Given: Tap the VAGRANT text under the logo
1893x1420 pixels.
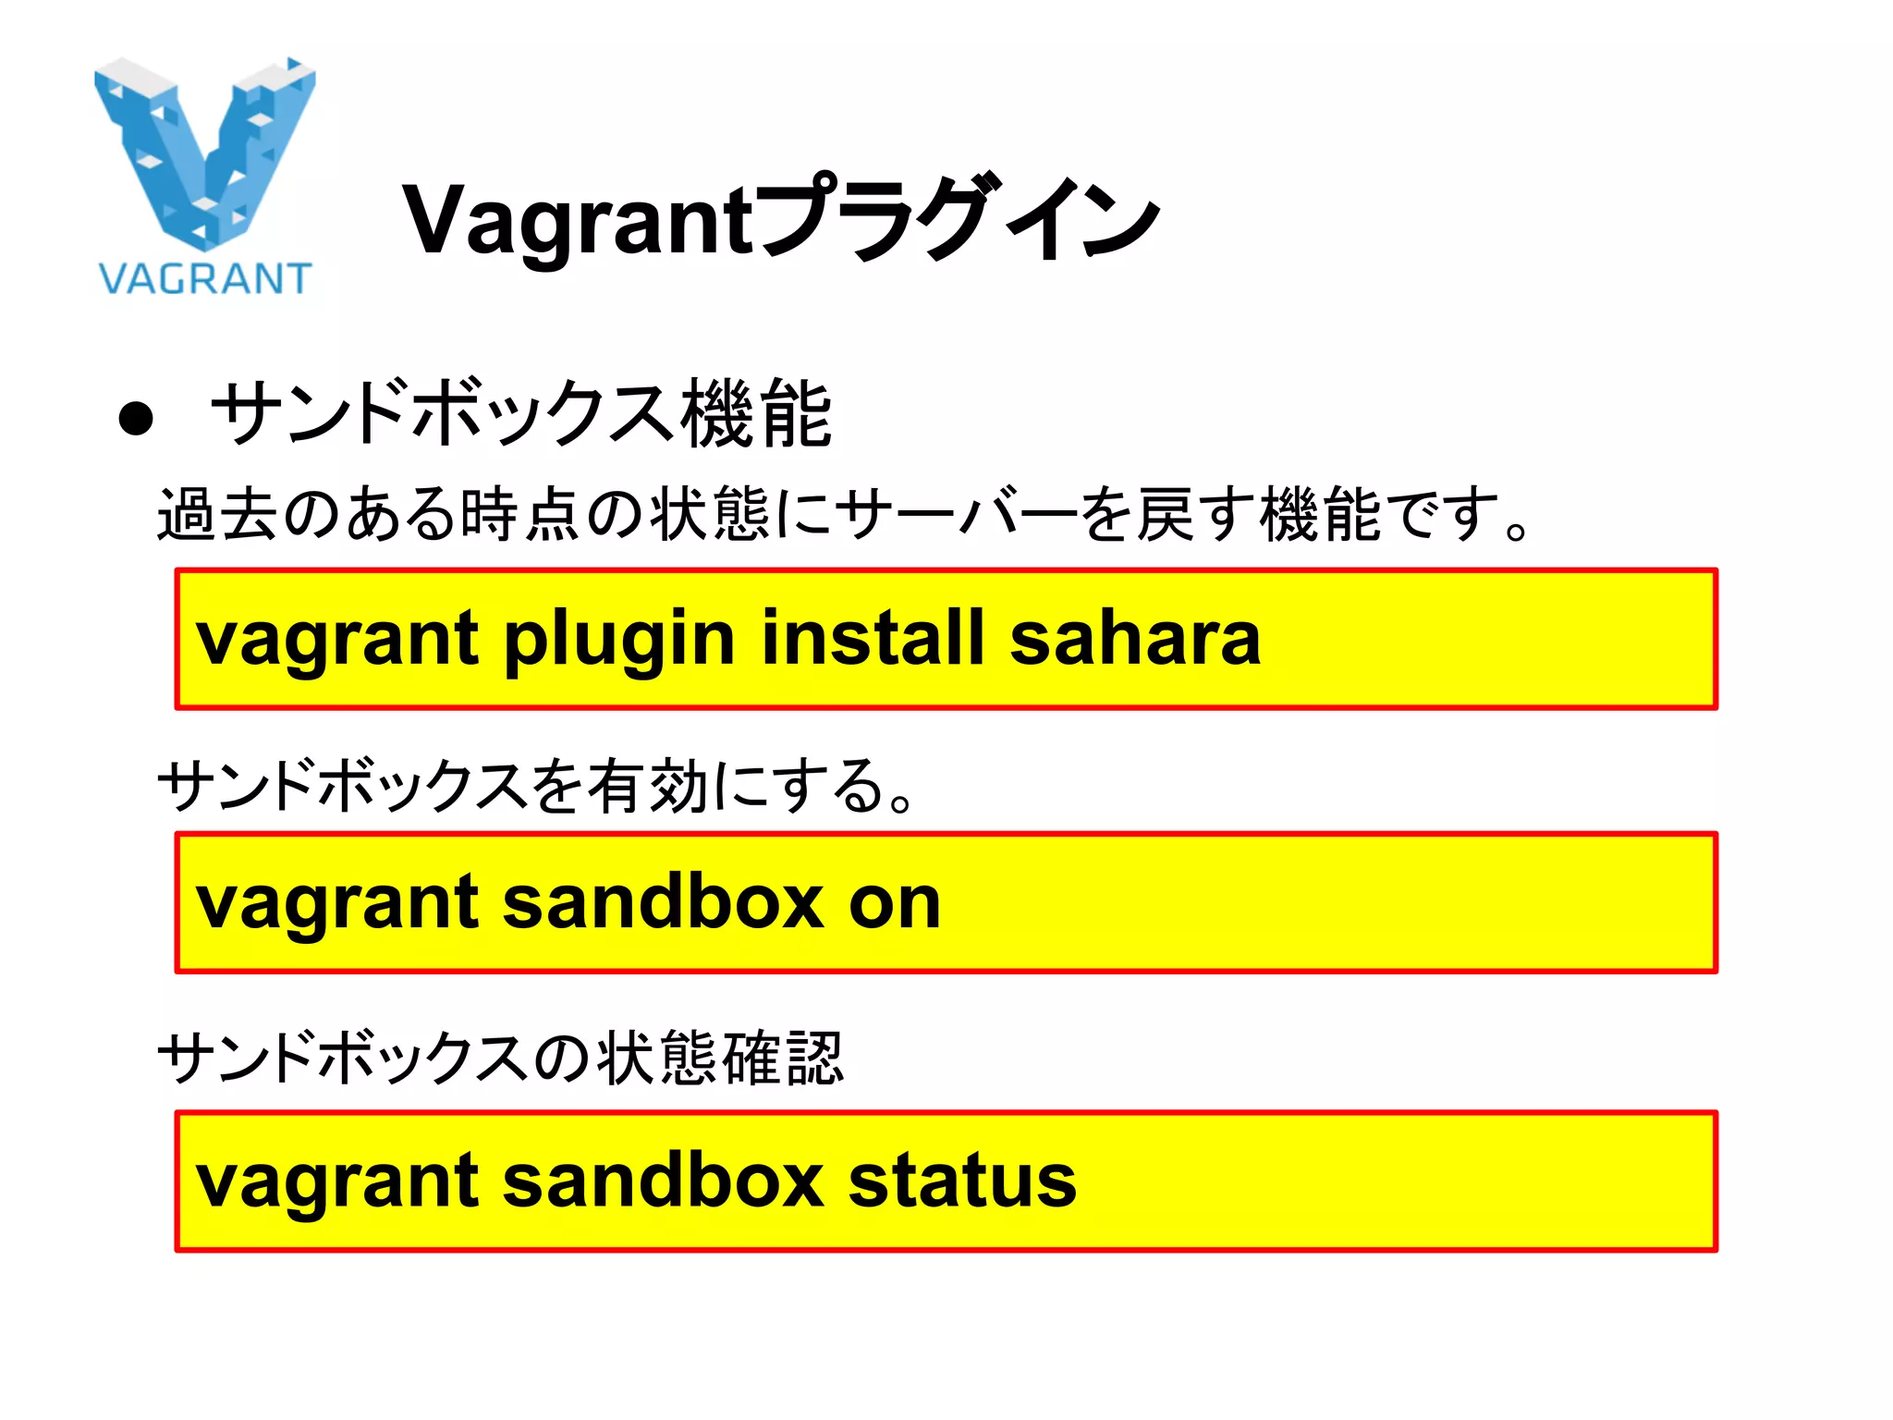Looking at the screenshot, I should pos(205,278).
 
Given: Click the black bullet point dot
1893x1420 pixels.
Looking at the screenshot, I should pos(136,419).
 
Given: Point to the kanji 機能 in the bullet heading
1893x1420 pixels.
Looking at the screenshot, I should pos(757,414).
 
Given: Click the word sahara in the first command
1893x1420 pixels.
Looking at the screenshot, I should pos(1134,638).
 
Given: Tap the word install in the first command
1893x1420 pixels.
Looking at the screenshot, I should pos(873,638).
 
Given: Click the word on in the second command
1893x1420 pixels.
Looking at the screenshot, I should pos(894,902).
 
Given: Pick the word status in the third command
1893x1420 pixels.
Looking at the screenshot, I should pos(962,1181).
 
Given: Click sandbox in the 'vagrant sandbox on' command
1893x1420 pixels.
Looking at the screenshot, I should pos(663,902).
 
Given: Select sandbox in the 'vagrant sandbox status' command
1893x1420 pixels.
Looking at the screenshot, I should pos(663,1181).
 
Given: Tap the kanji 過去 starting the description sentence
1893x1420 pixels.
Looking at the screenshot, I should pos(217,514).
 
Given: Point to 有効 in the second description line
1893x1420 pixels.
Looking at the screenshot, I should pos(647,787).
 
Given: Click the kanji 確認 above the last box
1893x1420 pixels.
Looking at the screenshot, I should pos(783,1058).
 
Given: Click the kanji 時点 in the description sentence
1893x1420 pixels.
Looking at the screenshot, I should pos(513,514).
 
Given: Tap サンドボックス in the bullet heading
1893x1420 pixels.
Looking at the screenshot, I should pos(445,414).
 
